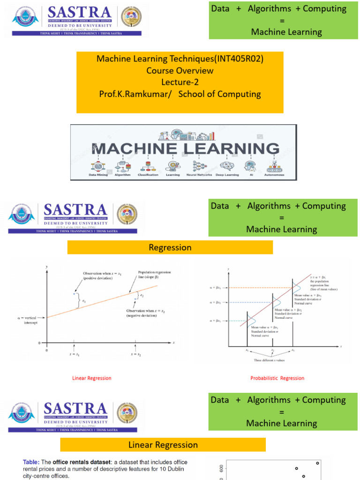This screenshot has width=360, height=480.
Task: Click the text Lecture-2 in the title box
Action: click(180, 82)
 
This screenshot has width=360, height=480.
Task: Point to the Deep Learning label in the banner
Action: click(227, 175)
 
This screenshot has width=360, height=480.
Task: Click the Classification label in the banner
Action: click(148, 175)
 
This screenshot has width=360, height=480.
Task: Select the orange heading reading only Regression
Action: click(170, 247)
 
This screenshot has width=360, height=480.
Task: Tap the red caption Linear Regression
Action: click(92, 378)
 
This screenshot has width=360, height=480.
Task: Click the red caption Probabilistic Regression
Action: click(277, 378)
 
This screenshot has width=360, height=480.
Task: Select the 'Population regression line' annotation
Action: click(155, 275)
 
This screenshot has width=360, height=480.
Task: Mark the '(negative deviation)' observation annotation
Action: click(142, 315)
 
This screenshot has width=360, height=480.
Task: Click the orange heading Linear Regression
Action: click(163, 444)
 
